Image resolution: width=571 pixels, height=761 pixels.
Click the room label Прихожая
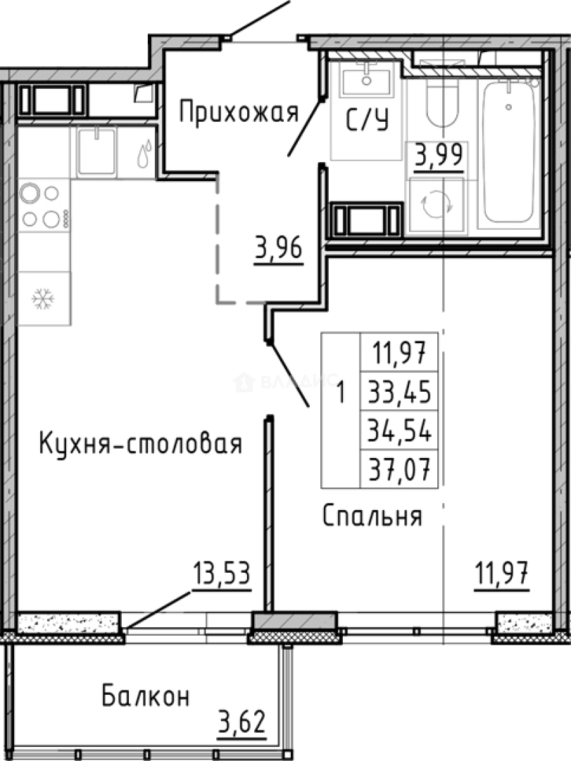pyautogui.click(x=239, y=112)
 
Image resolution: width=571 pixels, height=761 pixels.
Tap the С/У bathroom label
pyautogui.click(x=367, y=121)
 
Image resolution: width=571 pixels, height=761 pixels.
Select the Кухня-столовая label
pyautogui.click(x=140, y=444)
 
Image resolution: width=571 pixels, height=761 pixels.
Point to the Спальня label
pyautogui.click(x=372, y=516)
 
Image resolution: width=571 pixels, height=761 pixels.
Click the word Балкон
pyautogui.click(x=146, y=697)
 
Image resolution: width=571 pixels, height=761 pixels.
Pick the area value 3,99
pyautogui.click(x=439, y=154)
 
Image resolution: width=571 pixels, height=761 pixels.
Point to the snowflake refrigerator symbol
pyautogui.click(x=44, y=299)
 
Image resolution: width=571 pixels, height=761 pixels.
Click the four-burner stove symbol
pyautogui.click(x=42, y=206)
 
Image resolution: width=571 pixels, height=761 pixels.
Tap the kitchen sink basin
pyautogui.click(x=96, y=150)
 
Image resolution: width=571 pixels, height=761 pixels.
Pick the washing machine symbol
pyautogui.click(x=437, y=205)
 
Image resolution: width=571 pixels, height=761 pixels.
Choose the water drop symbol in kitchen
pyautogui.click(x=144, y=154)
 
